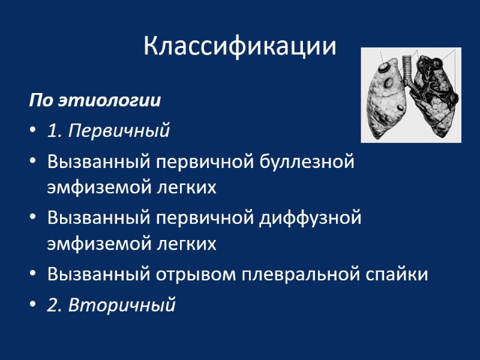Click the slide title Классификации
click(239, 46)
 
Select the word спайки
click(397, 274)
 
